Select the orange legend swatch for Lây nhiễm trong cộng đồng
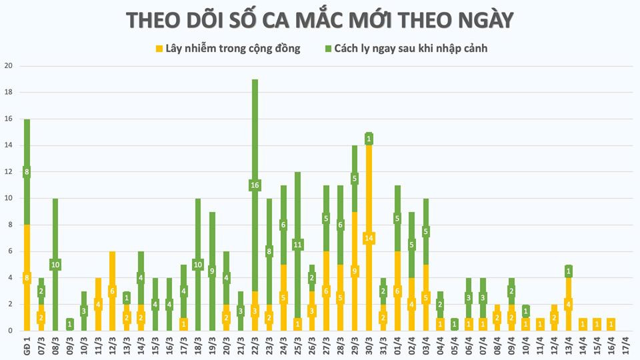pos(159,48)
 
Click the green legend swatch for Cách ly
pos(329,48)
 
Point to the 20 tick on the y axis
pos(8,66)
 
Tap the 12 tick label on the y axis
pos(8,172)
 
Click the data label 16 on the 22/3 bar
pos(255,185)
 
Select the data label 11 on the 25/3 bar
pos(297,244)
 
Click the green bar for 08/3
pos(55,233)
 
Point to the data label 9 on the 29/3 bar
pos(355,271)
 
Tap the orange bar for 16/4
pos(611,324)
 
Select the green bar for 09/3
pos(69,324)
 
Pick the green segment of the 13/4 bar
pos(568,271)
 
